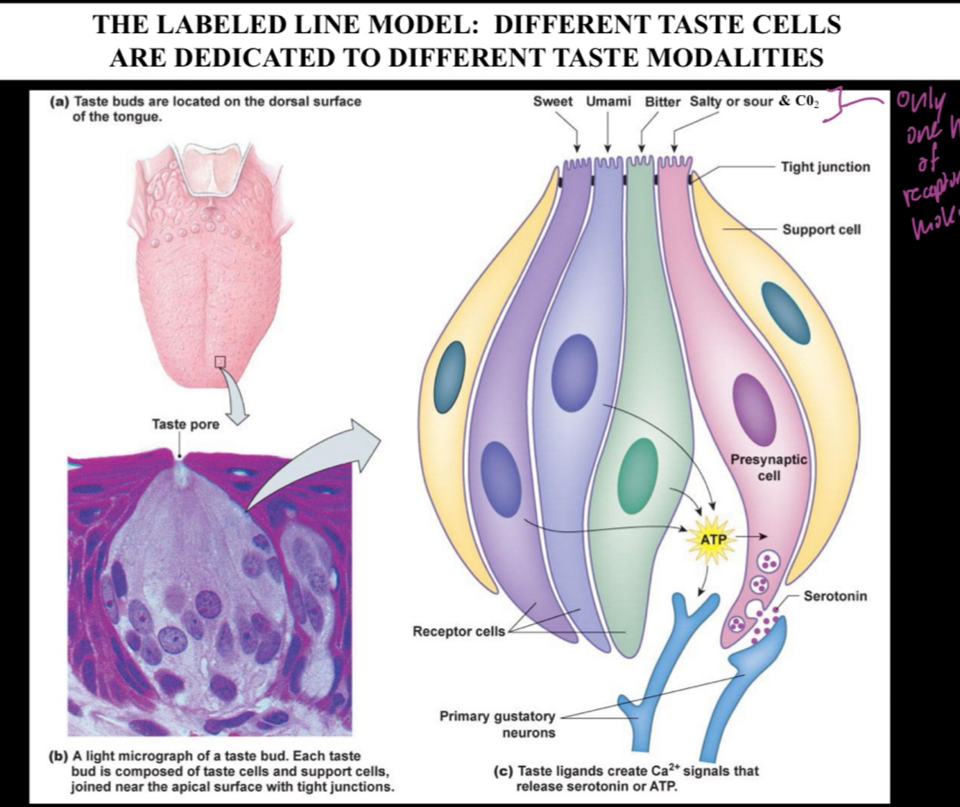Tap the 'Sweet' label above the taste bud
coord(553,101)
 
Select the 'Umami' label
coord(608,101)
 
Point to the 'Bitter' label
coord(662,101)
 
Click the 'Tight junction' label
coord(825,167)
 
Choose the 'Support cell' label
coord(821,229)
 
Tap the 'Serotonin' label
coord(835,596)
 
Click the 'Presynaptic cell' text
coord(769,467)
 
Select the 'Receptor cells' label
coord(458,632)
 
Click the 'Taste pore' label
coord(185,424)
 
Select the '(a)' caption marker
coord(59,101)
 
